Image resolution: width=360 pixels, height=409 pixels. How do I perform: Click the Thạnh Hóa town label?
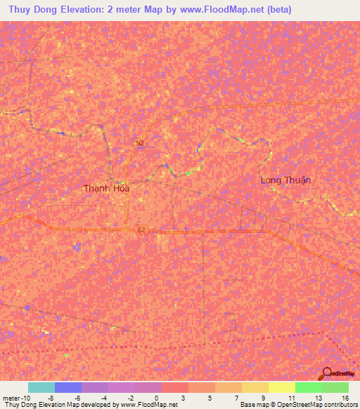[x=107, y=188]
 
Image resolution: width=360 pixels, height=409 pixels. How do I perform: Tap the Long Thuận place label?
[x=285, y=180]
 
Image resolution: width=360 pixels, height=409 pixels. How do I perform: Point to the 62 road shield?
[x=141, y=230]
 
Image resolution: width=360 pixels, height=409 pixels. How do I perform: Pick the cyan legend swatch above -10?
[x=41, y=387]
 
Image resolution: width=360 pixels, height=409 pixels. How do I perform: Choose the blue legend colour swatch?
[x=67, y=387]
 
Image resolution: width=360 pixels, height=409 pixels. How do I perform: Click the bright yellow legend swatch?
[x=281, y=387]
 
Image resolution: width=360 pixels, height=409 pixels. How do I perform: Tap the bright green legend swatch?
[x=308, y=387]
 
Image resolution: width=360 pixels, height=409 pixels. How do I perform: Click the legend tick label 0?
[x=155, y=398]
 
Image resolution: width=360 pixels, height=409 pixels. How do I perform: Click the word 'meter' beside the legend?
[x=11, y=398]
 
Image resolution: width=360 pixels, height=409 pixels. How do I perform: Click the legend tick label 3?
[x=183, y=398]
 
